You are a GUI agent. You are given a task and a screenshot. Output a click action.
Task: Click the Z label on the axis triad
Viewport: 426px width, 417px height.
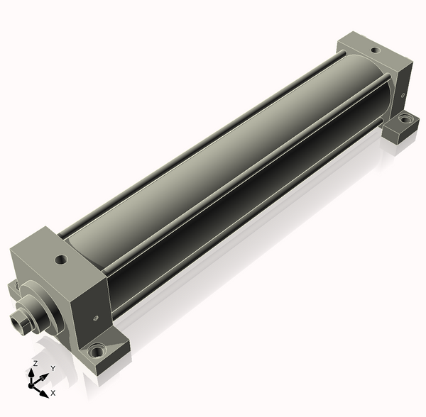coord(35,364)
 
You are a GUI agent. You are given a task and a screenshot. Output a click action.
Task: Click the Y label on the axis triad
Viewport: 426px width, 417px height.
coord(53,368)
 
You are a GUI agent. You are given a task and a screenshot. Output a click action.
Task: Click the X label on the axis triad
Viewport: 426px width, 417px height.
coord(53,393)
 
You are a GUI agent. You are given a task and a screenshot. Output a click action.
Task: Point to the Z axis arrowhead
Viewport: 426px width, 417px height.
coord(31,373)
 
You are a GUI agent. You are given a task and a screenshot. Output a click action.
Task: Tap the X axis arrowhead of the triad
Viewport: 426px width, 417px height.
coord(44,394)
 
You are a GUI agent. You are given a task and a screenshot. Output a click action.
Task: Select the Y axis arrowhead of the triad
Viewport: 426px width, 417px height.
coord(45,376)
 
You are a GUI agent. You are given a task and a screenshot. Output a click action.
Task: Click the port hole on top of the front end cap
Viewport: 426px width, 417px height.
coord(61,260)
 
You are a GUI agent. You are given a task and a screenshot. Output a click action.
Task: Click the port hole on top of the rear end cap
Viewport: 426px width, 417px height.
coord(375,50)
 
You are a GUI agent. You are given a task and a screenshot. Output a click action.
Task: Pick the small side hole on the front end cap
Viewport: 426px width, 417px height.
coord(95,318)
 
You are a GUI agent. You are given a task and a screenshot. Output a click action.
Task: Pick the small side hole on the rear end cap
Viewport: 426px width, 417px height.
coord(403,95)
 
